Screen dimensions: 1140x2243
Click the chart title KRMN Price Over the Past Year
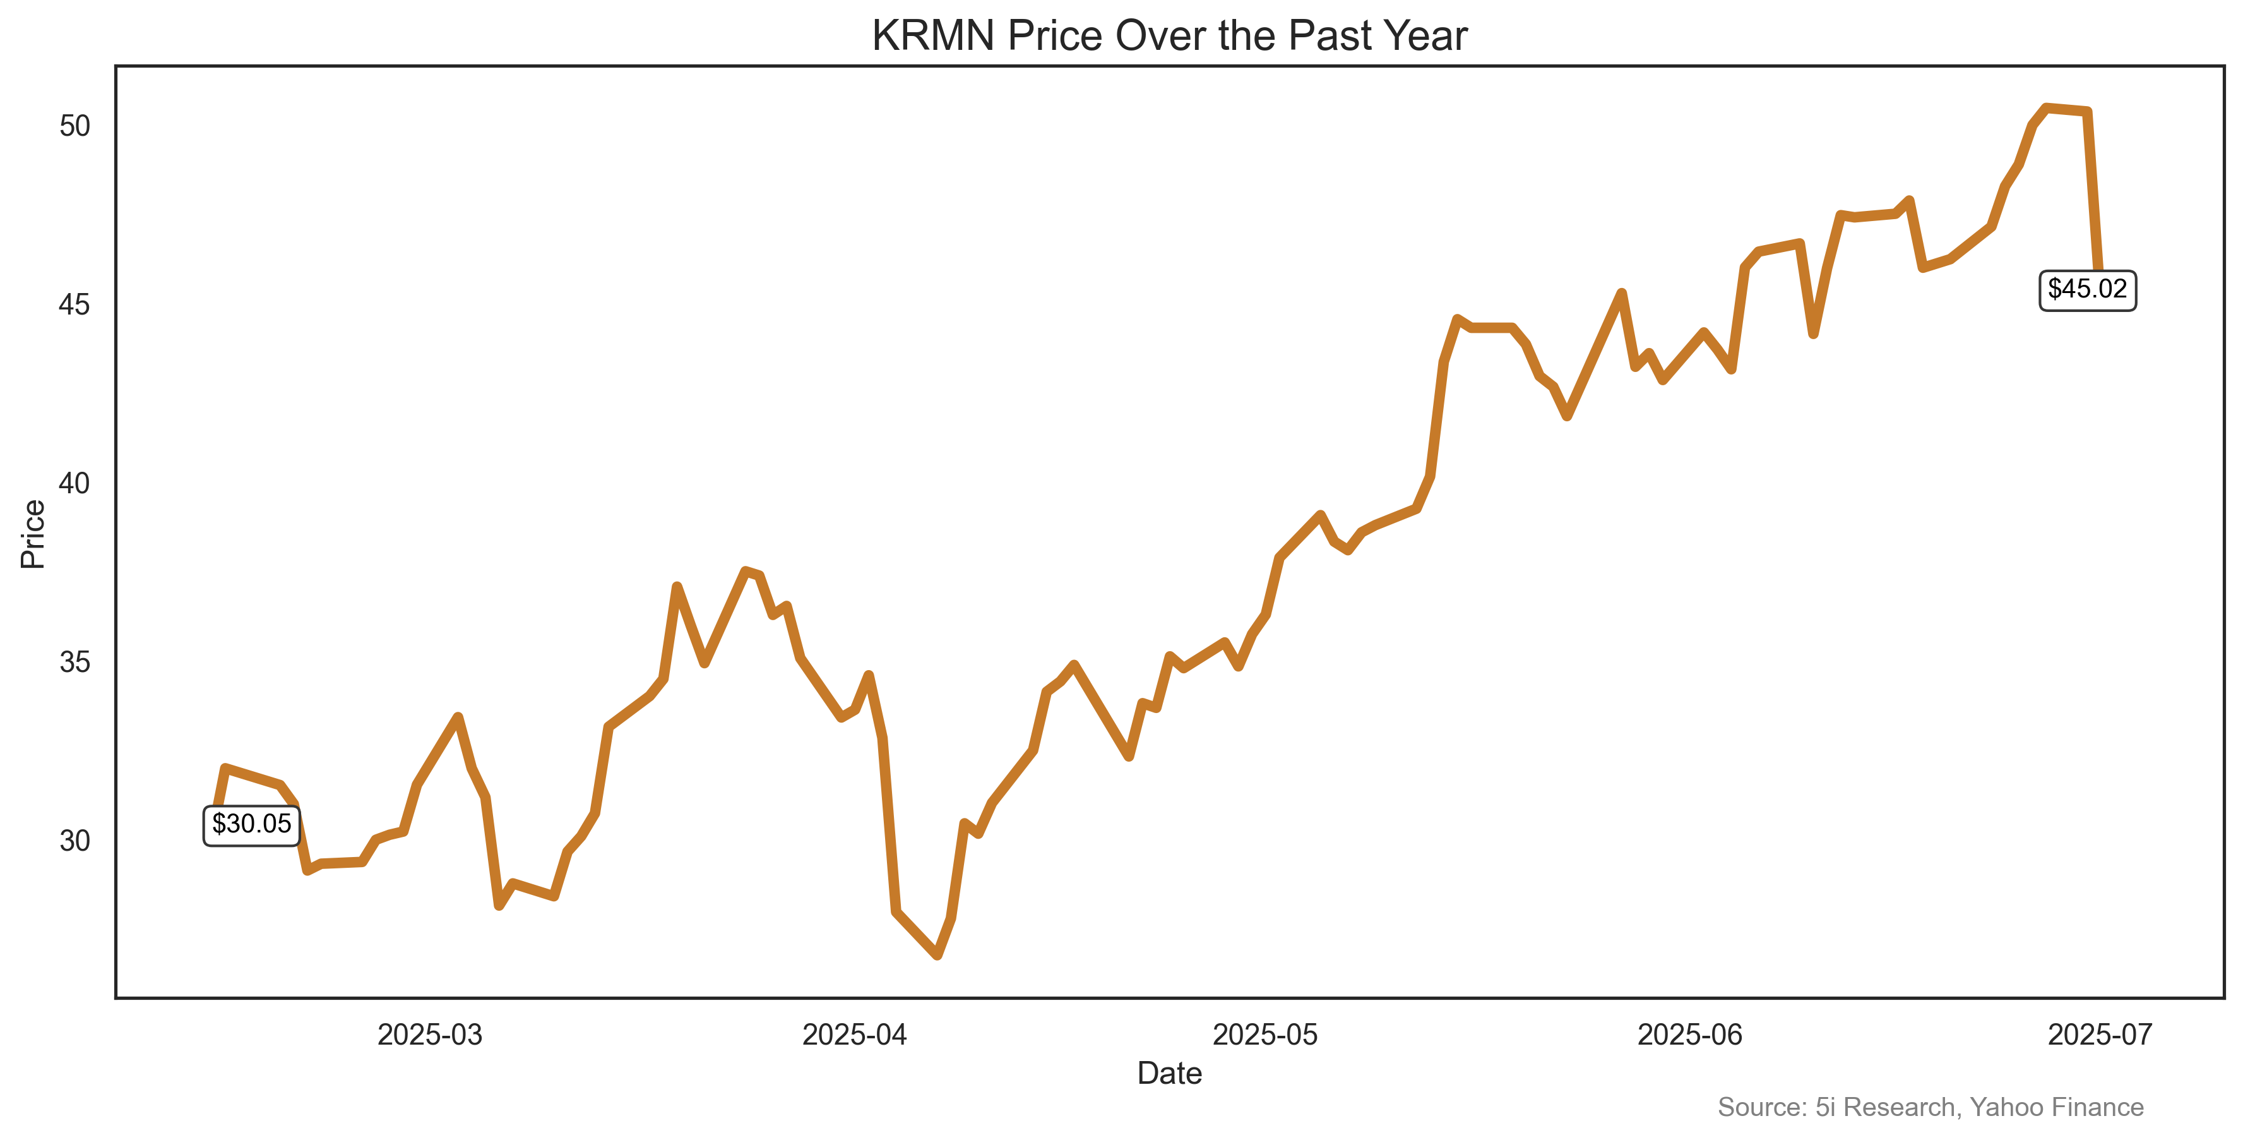[x=1169, y=37]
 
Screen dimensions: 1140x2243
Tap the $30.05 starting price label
[x=252, y=824]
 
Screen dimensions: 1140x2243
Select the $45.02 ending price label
[x=2087, y=289]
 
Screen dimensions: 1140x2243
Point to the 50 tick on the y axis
[x=75, y=126]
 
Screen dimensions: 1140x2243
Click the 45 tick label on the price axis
[x=75, y=305]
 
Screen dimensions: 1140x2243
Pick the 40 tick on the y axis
[x=75, y=483]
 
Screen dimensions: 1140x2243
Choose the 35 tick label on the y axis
[x=75, y=662]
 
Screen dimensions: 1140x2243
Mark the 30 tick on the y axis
[x=75, y=841]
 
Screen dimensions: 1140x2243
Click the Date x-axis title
[x=1169, y=1073]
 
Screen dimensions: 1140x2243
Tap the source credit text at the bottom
[x=1931, y=1107]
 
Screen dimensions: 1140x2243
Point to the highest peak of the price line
[x=2046, y=108]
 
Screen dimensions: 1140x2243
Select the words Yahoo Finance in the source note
[x=2057, y=1107]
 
